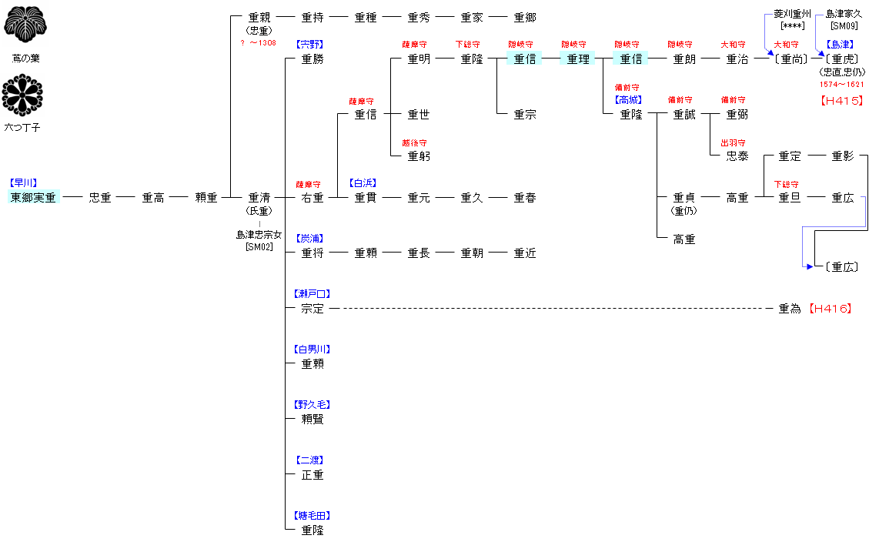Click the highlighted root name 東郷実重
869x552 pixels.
pyautogui.click(x=33, y=197)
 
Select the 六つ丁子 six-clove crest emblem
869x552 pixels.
pyautogui.click(x=22, y=95)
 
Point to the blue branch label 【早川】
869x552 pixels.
pyautogui.click(x=23, y=183)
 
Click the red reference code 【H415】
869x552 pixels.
pyautogui.click(x=841, y=100)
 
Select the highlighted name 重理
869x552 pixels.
pyautogui.click(x=577, y=59)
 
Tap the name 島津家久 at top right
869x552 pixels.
pyautogui.click(x=844, y=14)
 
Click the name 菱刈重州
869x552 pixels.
pyautogui.click(x=793, y=14)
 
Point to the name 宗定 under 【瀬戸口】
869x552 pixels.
pyautogui.click(x=313, y=308)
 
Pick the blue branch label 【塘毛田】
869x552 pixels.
pyautogui.click(x=313, y=515)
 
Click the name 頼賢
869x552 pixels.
pyautogui.click(x=313, y=419)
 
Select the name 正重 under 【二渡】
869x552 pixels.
pyautogui.click(x=313, y=474)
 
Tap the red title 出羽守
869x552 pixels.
pyautogui.click(x=733, y=143)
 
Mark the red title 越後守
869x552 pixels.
pyautogui.click(x=414, y=143)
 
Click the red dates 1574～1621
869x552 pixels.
pyautogui.click(x=842, y=85)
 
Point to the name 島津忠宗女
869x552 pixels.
pyautogui.click(x=259, y=235)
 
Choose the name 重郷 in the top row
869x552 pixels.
pyautogui.click(x=525, y=18)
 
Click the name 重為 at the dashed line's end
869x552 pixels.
pyautogui.click(x=790, y=308)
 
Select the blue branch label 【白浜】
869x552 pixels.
pyautogui.click(x=363, y=183)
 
